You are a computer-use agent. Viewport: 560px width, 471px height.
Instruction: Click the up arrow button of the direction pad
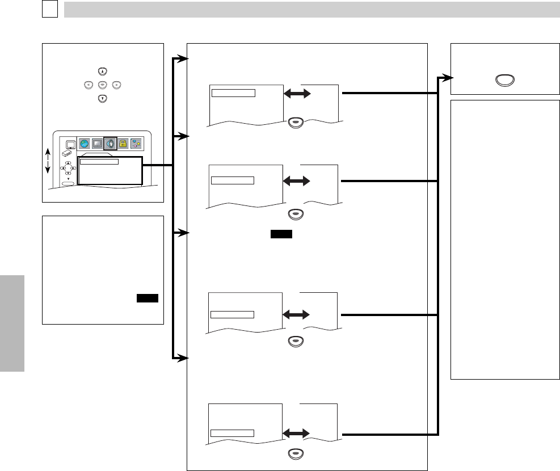coord(102,72)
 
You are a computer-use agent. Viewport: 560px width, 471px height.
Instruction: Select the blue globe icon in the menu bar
coord(85,144)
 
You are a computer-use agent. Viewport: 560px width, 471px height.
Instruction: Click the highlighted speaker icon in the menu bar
coord(110,144)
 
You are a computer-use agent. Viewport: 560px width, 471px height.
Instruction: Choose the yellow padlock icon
coord(123,144)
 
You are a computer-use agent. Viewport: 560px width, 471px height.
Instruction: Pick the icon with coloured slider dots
coord(136,144)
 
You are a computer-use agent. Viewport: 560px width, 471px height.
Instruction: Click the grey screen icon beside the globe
coord(97,144)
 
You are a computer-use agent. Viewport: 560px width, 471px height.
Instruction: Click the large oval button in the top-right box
coord(503,79)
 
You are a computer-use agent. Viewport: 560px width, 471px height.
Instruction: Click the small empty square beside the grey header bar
coord(50,10)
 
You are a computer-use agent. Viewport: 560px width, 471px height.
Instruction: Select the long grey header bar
coord(311,10)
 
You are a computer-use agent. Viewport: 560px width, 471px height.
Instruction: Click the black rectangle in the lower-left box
coord(147,299)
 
